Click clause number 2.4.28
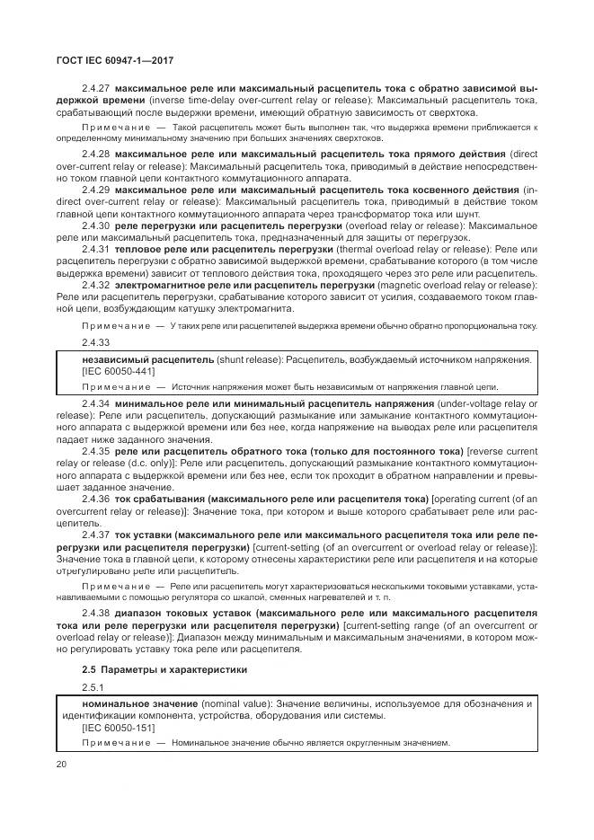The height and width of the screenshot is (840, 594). pos(96,155)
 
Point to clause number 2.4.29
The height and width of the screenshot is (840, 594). pos(96,190)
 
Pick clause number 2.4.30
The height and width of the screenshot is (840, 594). pos(96,225)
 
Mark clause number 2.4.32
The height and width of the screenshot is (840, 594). pos(96,284)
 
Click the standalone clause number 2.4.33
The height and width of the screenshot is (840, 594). pos(96,342)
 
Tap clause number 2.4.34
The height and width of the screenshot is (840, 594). pos(96,405)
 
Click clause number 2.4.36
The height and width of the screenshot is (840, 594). pos(96,498)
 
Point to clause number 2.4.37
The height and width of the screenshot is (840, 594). pos(96,534)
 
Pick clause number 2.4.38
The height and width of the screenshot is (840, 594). pos(96,615)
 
